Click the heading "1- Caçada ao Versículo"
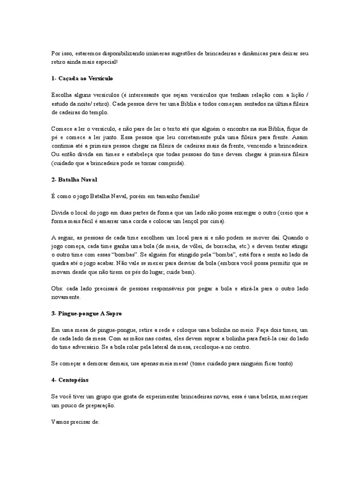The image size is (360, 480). point(82,78)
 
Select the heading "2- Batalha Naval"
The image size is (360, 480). point(74,180)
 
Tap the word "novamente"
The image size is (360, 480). point(67,297)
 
